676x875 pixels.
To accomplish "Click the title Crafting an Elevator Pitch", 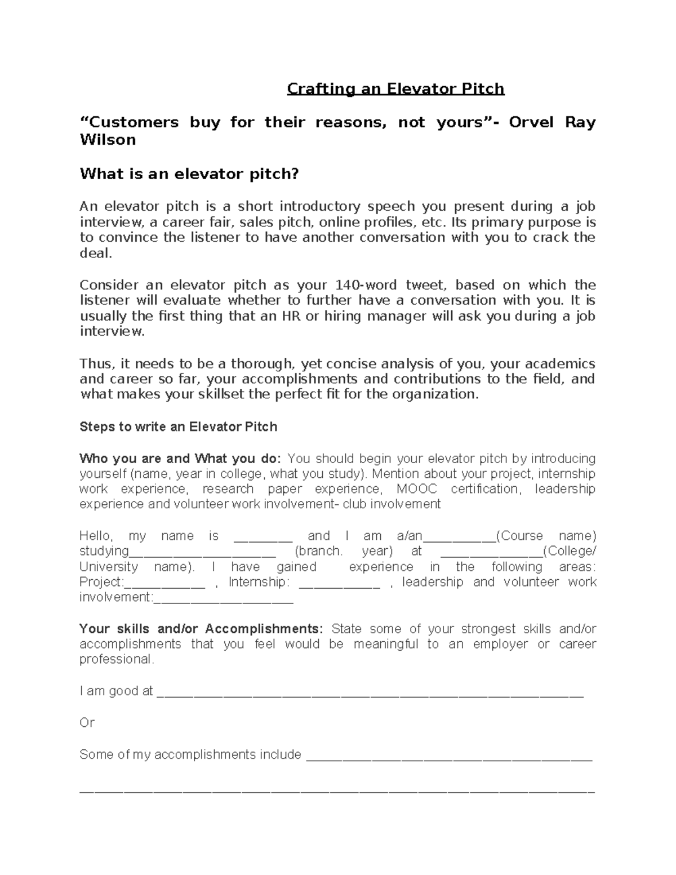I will tap(395, 89).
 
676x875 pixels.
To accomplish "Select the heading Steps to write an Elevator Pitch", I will tap(178, 427).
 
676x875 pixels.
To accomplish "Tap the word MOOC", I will tap(416, 488).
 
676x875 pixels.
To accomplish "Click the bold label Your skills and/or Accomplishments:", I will tap(201, 629).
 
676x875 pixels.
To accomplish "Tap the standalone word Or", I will tap(87, 722).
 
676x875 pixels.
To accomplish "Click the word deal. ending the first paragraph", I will tap(96, 253).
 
